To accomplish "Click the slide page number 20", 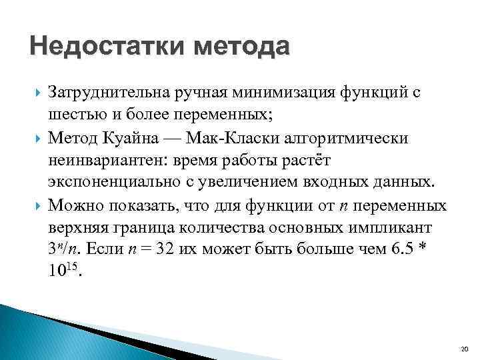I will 465,349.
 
